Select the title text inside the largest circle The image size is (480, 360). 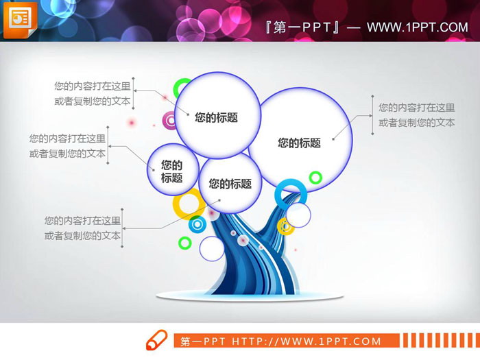[x=300, y=143]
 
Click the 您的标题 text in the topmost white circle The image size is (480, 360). [x=217, y=117]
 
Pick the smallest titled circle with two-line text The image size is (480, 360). [x=173, y=171]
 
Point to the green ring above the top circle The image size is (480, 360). [x=182, y=88]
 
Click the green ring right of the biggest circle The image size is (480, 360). [x=315, y=178]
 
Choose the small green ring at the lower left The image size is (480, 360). [x=184, y=242]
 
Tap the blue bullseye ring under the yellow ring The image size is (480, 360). [x=197, y=224]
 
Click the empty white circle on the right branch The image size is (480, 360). [x=298, y=215]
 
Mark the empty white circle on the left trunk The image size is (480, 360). [x=212, y=249]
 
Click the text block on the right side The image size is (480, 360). [x=417, y=115]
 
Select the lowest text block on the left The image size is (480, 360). [x=82, y=228]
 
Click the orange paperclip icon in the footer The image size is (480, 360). [x=156, y=340]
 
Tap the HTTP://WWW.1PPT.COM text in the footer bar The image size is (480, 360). [x=307, y=341]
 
